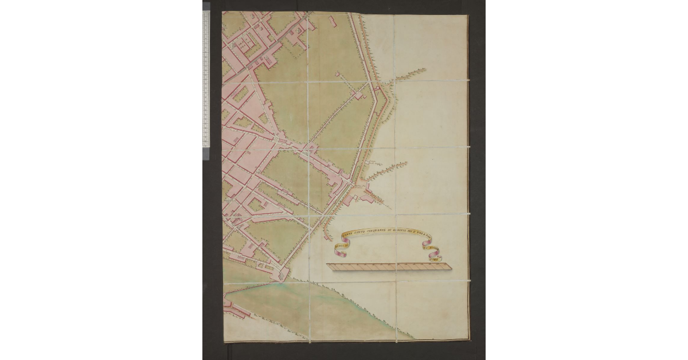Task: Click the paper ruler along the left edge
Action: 206,80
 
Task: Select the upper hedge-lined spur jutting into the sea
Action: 408,74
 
